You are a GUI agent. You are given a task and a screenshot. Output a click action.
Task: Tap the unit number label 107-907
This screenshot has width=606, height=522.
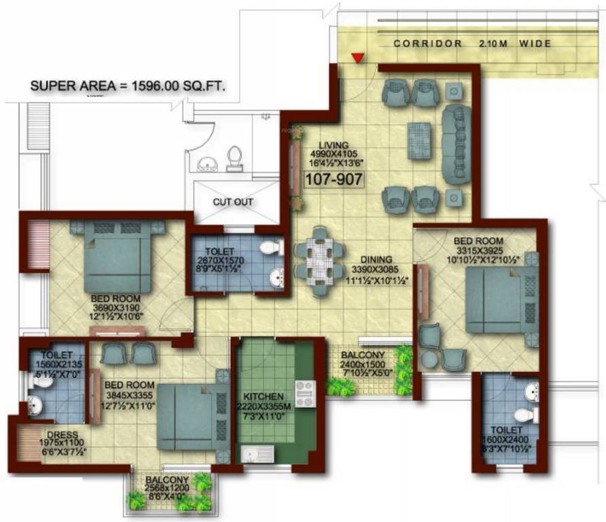(334, 179)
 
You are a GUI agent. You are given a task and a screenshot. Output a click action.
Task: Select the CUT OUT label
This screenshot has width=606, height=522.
(233, 202)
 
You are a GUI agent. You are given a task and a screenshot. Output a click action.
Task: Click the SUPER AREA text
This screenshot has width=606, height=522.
(128, 86)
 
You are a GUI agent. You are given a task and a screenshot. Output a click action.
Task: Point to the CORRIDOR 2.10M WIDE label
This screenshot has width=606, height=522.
(472, 43)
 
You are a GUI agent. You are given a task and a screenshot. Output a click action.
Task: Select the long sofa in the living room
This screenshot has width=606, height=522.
(456, 143)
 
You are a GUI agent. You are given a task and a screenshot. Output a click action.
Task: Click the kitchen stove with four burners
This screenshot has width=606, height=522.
(305, 394)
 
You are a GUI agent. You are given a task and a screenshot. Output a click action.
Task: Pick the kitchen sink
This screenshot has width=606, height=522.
(256, 453)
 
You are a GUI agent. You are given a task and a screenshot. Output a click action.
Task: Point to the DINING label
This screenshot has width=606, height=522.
(376, 259)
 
